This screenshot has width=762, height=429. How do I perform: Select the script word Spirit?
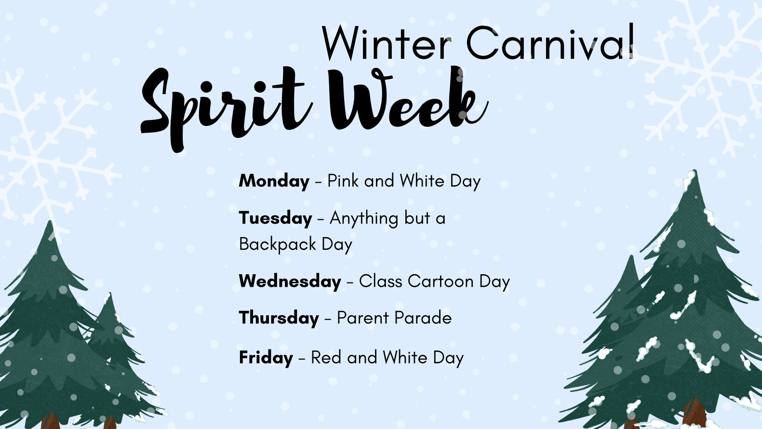pos(227,107)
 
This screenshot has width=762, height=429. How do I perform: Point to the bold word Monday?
pos(274,181)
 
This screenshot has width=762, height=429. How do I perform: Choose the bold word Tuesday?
pos(276,218)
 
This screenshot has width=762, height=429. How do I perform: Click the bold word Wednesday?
pos(290,282)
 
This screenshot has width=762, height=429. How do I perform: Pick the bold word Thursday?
pos(279,318)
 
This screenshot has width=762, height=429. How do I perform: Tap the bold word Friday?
pos(266,358)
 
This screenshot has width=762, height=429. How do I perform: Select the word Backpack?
pos(277,244)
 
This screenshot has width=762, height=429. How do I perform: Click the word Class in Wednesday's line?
pos(381,282)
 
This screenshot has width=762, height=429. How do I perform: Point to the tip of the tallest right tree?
pos(695,170)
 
